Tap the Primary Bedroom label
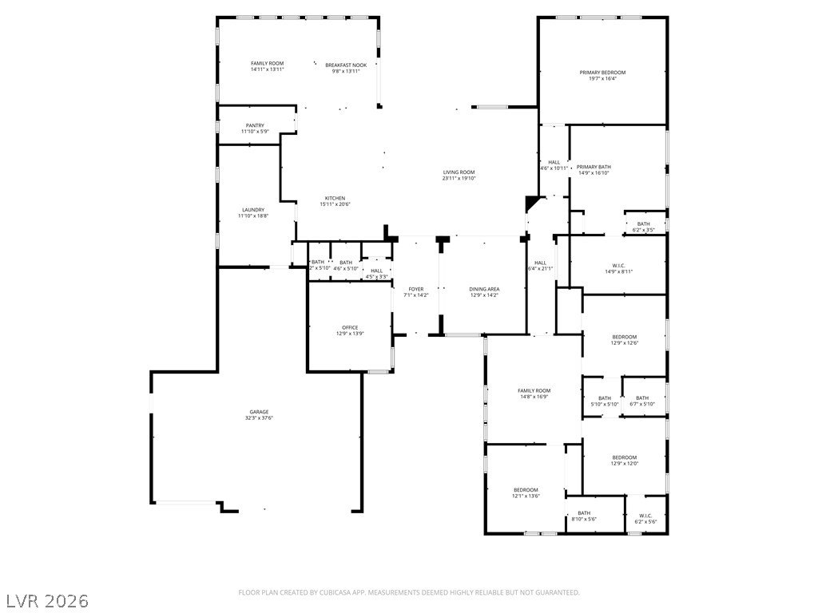click(x=602, y=73)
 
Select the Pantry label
click(x=255, y=125)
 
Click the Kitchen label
click(x=335, y=198)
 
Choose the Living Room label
click(x=459, y=172)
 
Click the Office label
click(x=350, y=327)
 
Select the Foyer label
click(x=416, y=289)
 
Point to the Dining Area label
click(x=484, y=289)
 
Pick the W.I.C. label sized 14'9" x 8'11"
click(x=618, y=265)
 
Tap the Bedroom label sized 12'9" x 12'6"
click(x=624, y=337)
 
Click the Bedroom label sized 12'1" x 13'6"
click(x=526, y=489)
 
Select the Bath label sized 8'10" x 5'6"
click(x=584, y=513)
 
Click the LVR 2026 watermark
click(x=46, y=599)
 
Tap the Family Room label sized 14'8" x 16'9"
click(x=534, y=390)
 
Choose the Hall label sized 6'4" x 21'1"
click(x=540, y=263)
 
